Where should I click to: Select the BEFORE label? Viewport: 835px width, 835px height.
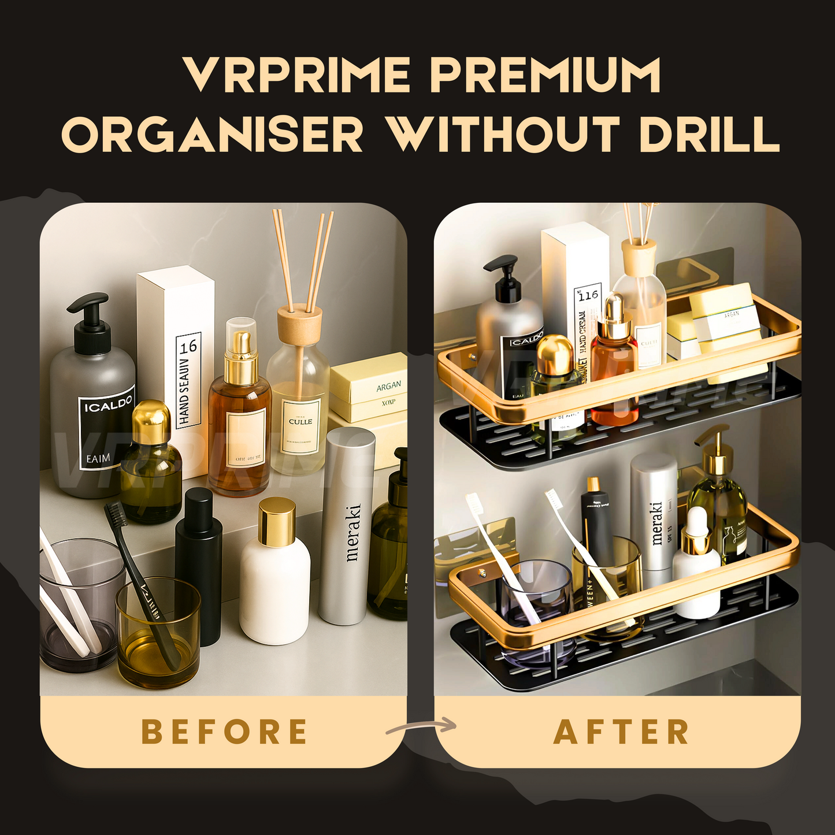coord(224,732)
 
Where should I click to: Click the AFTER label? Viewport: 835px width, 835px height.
coord(622,732)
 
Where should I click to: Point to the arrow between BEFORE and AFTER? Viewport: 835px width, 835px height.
coord(422,726)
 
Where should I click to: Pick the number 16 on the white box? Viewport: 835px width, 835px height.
coord(188,347)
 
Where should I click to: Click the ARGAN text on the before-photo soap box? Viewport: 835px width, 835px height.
coord(388,386)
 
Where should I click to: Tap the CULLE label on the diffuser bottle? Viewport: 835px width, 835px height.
coord(300,422)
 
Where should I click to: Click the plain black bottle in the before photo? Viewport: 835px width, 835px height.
coord(198,566)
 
